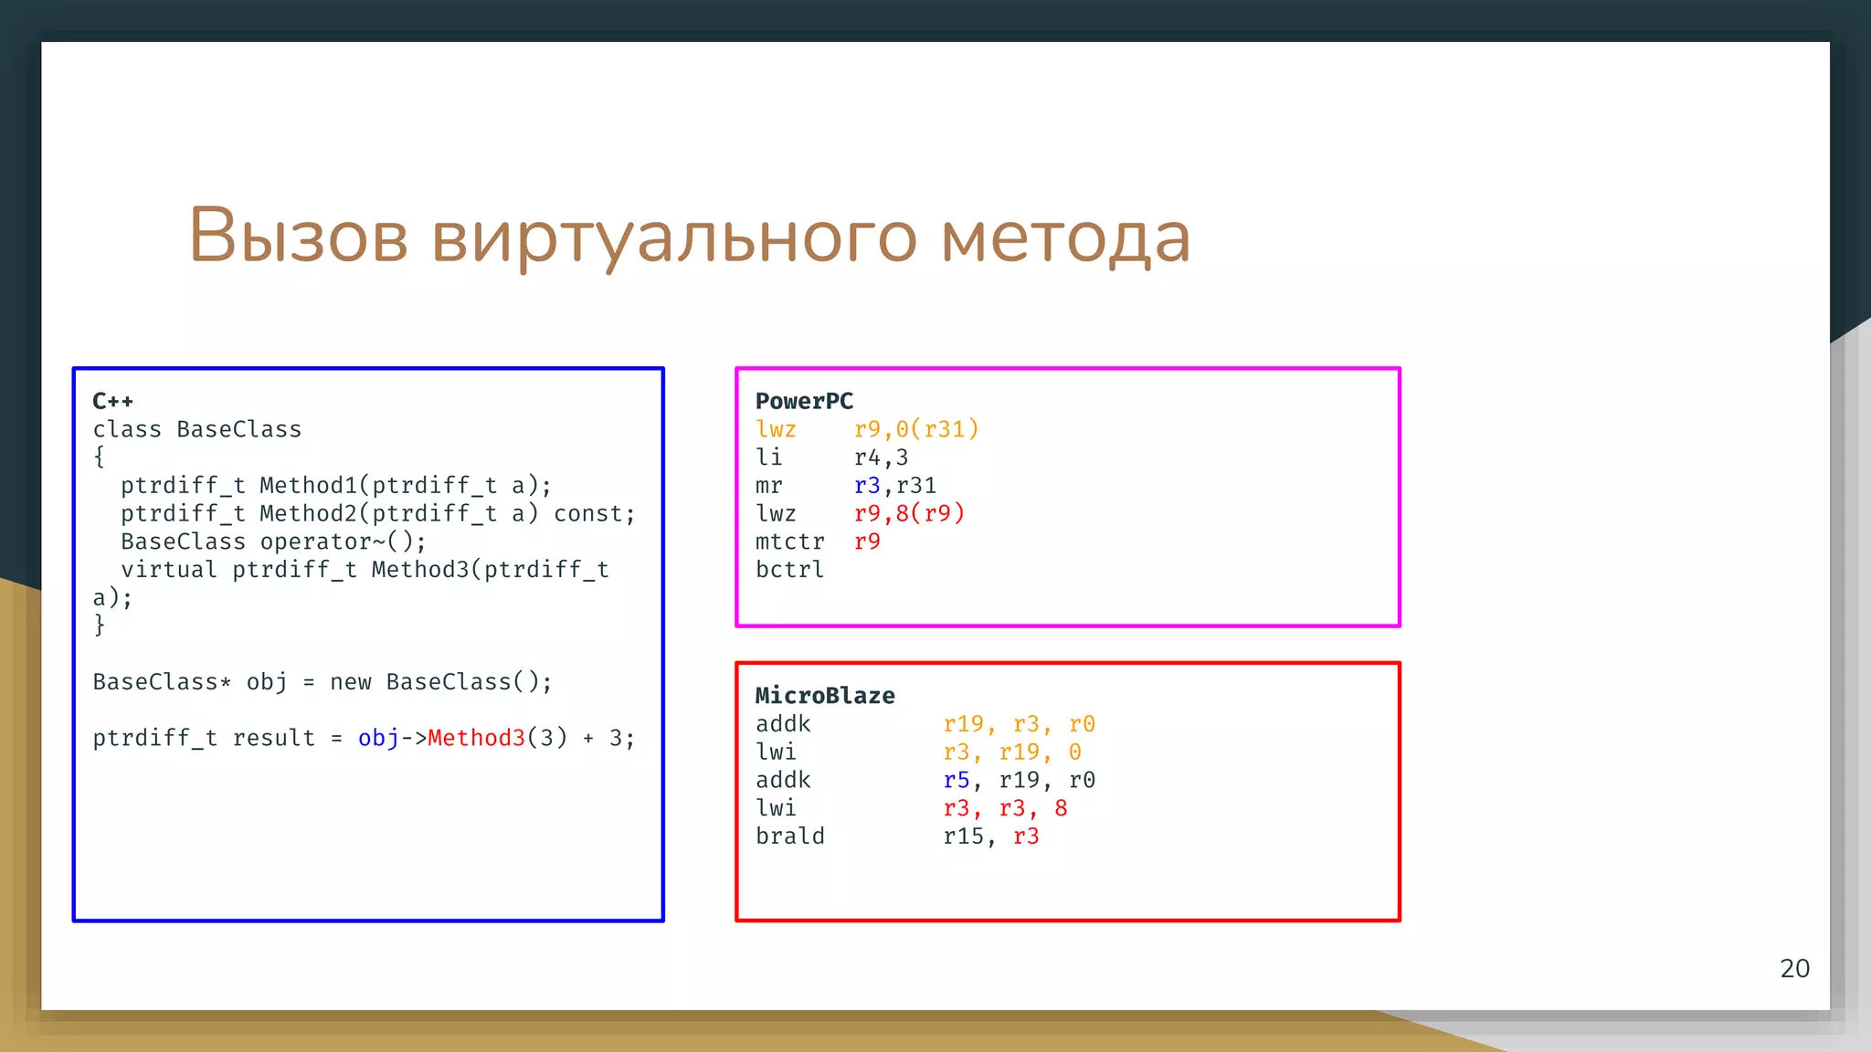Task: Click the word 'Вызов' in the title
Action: [x=298, y=236]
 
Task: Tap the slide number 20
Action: [x=1794, y=968]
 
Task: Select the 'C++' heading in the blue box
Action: [x=112, y=401]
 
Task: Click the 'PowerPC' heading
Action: [x=804, y=401]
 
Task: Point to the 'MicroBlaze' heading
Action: [x=825, y=696]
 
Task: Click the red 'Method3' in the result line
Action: [x=477, y=738]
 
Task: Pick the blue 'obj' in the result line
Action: [x=378, y=738]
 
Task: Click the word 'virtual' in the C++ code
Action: [x=169, y=570]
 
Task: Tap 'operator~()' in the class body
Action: [x=343, y=542]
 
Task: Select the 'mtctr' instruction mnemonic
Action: [x=789, y=542]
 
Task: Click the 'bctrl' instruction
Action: [x=789, y=570]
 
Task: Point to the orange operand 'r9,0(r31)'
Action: [x=916, y=429]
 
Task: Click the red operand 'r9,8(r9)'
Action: [x=909, y=513]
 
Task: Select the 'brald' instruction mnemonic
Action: [x=789, y=836]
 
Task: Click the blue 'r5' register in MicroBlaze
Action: [x=956, y=781]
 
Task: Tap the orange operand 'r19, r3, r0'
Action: [x=1019, y=724]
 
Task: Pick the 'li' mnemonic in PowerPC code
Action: [x=768, y=458]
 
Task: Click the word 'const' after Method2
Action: [x=589, y=514]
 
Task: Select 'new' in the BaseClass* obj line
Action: [x=351, y=682]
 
